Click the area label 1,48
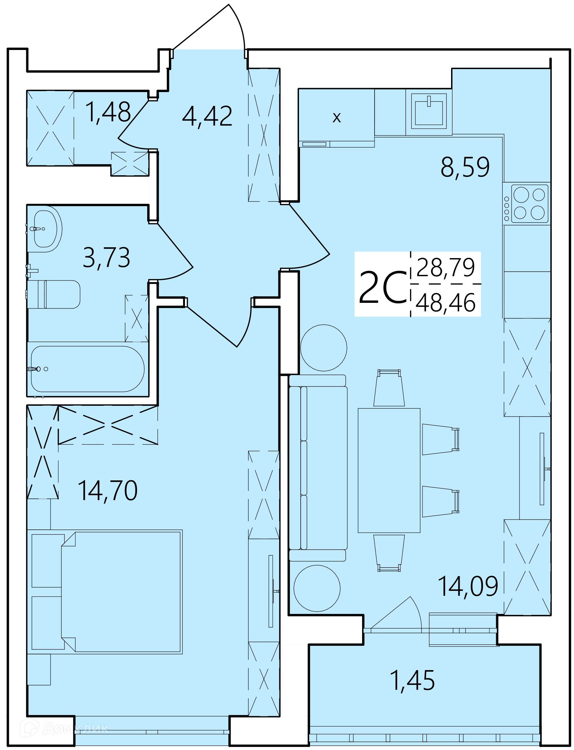click(108, 112)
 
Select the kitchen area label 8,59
click(465, 167)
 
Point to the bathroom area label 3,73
click(106, 258)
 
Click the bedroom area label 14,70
click(108, 491)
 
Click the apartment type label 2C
click(383, 287)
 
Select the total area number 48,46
click(446, 303)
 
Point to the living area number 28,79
click(446, 268)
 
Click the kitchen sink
click(429, 111)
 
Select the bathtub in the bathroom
click(87, 369)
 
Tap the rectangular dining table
click(389, 471)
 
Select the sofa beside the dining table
click(318, 468)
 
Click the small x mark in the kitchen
click(336, 118)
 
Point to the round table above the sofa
click(324, 348)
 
